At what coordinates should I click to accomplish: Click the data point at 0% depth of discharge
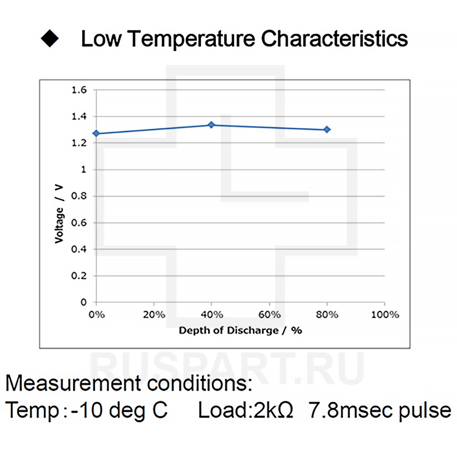[x=96, y=133]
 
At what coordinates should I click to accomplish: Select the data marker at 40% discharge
[x=211, y=125]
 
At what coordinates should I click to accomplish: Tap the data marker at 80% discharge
[x=327, y=130]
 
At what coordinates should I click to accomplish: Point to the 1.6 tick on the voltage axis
[x=79, y=90]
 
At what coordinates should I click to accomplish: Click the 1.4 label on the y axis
[x=79, y=117]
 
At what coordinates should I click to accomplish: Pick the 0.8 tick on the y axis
[x=79, y=196]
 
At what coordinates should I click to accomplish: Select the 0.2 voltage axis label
[x=79, y=276]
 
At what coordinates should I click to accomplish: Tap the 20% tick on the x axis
[x=154, y=315]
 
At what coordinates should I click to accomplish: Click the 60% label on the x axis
[x=270, y=315]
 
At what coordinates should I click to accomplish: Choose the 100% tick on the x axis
[x=384, y=315]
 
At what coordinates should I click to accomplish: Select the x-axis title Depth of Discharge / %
[x=240, y=330]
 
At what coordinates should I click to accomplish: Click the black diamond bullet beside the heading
[x=50, y=39]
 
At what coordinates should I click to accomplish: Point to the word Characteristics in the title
[x=335, y=39]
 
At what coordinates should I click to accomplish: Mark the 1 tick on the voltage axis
[x=83, y=170]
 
